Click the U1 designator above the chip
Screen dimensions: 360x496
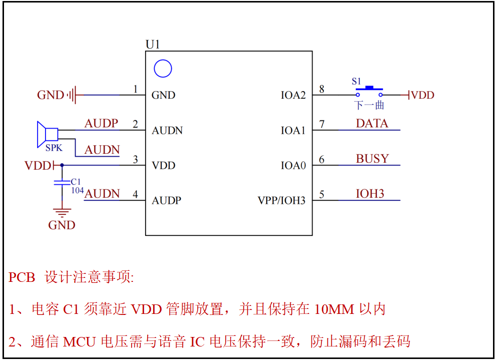click(153, 45)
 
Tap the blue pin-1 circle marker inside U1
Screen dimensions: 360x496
click(163, 69)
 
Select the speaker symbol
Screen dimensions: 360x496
click(47, 134)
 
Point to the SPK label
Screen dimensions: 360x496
click(54, 148)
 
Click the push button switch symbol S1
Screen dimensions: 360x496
click(369, 92)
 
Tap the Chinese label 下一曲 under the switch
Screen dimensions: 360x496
click(369, 106)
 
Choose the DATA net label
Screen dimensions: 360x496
click(372, 124)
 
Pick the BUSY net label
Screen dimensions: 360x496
click(372, 159)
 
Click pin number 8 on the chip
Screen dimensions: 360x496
click(321, 89)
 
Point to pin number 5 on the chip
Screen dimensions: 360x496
click(321, 194)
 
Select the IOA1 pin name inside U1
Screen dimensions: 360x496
click(293, 131)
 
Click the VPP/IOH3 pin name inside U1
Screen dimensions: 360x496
click(281, 201)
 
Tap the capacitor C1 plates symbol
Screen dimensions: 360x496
click(62, 183)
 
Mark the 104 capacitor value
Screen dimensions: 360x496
click(77, 190)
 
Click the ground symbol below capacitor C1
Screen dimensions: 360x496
click(62, 213)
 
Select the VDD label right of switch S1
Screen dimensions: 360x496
click(422, 95)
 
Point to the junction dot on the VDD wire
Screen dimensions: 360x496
click(62, 165)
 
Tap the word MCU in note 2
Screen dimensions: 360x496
click(81, 342)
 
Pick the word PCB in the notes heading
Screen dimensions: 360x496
click(22, 277)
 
